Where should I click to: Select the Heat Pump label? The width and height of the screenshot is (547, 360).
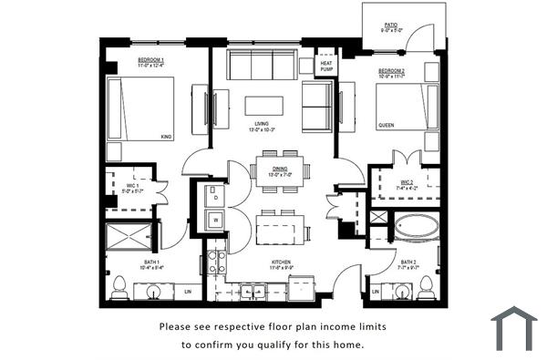pyautogui.click(x=325, y=65)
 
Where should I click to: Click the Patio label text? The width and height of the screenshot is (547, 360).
pyautogui.click(x=390, y=26)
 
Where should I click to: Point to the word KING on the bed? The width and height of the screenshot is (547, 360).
pyautogui.click(x=166, y=137)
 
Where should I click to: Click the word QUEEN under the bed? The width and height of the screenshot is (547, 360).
pyautogui.click(x=387, y=125)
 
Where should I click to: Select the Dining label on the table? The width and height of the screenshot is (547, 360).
pyautogui.click(x=281, y=170)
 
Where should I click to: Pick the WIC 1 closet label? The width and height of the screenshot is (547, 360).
pyautogui.click(x=131, y=186)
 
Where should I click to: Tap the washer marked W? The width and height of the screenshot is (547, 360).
pyautogui.click(x=215, y=220)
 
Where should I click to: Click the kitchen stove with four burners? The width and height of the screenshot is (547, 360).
pyautogui.click(x=217, y=262)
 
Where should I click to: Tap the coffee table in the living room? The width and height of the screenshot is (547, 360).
pyautogui.click(x=263, y=106)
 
